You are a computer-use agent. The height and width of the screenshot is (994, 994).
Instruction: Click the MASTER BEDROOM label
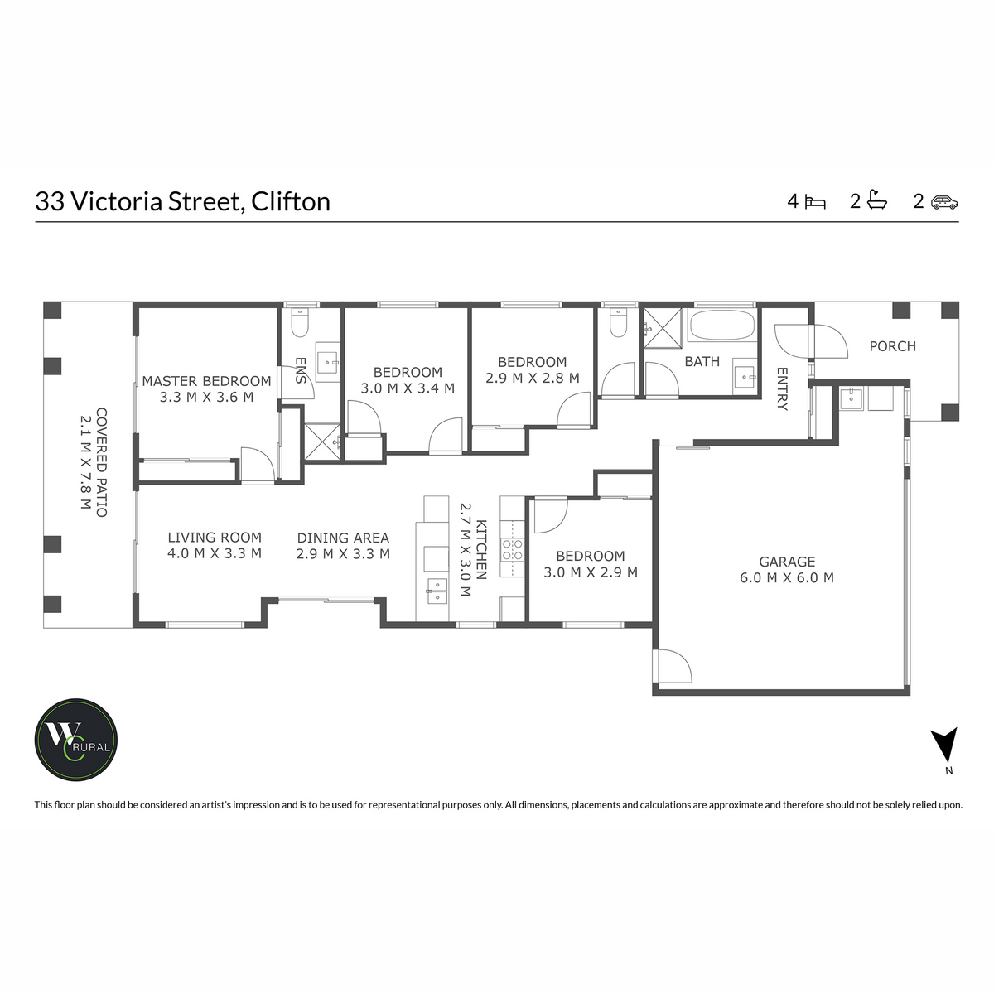(x=206, y=381)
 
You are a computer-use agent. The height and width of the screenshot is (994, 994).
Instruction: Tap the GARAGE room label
(x=787, y=562)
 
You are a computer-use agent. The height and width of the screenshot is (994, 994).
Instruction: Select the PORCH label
(x=892, y=346)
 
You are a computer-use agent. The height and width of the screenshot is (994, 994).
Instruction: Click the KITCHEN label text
(x=481, y=549)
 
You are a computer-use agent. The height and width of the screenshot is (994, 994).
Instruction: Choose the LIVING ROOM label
(x=215, y=538)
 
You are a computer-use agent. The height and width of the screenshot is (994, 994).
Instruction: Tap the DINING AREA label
(x=343, y=538)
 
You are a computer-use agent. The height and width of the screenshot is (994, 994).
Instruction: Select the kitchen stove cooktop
(x=513, y=550)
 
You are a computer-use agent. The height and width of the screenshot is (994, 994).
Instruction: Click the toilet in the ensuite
(x=300, y=323)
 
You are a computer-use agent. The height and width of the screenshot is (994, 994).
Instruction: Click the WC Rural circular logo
(x=75, y=739)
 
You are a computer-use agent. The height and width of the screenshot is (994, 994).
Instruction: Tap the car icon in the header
(x=944, y=201)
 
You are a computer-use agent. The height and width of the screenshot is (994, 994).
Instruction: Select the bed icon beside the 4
(x=816, y=201)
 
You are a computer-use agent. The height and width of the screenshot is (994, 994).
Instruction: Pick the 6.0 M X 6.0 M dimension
(x=787, y=578)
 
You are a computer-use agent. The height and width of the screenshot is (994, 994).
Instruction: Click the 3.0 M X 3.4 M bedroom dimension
(x=408, y=388)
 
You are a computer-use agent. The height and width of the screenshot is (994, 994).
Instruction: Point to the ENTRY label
(x=783, y=388)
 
